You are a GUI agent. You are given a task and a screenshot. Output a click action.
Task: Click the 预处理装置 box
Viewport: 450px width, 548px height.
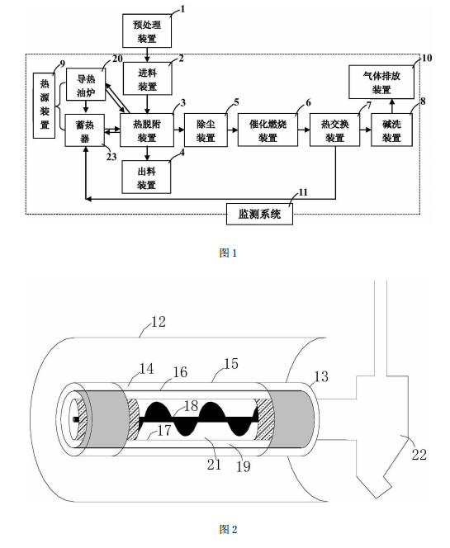[147, 31]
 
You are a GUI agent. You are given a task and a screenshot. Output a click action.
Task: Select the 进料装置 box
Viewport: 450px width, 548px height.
[147, 78]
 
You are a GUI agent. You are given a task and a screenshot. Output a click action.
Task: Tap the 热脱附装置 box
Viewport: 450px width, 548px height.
[147, 130]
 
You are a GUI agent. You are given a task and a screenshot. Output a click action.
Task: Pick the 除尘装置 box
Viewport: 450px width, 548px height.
[206, 130]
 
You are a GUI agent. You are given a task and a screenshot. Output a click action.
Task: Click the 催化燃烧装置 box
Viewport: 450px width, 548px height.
[268, 130]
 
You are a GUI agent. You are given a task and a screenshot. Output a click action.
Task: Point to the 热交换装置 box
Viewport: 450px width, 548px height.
[335, 130]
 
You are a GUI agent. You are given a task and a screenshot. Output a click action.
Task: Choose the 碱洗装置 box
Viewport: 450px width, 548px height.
[391, 130]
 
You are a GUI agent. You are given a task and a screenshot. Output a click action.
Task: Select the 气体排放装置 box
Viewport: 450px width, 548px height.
[381, 83]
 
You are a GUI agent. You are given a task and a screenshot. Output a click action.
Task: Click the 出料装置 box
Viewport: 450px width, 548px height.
[146, 177]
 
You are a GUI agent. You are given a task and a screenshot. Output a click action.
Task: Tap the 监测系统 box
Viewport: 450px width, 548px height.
[259, 214]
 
